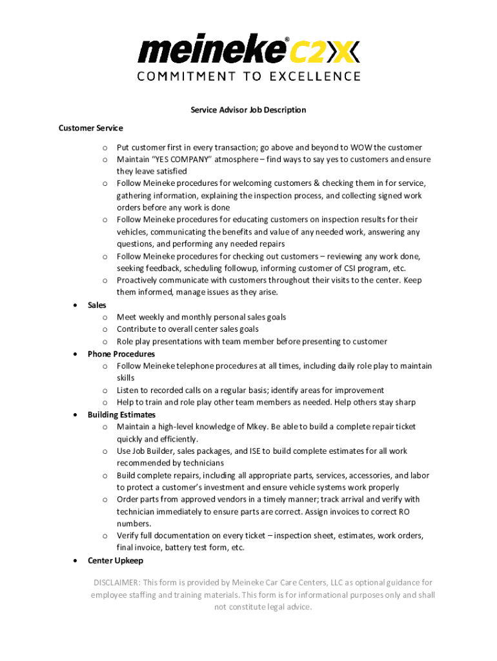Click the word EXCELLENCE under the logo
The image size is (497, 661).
(x=315, y=76)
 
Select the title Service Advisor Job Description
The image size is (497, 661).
(x=249, y=110)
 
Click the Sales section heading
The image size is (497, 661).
(x=97, y=305)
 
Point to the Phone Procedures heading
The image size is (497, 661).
(x=121, y=354)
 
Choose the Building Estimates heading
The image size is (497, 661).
(x=121, y=414)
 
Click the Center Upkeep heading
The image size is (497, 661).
(x=115, y=560)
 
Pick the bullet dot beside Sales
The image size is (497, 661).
(x=77, y=305)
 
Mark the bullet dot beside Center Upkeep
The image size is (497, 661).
(x=77, y=560)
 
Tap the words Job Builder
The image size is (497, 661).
(x=153, y=451)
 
